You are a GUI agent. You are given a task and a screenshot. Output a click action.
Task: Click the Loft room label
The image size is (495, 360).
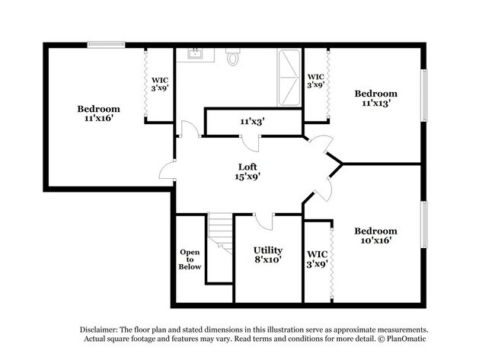point(247,172)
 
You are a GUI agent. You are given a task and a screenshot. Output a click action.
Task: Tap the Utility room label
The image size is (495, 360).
point(267,255)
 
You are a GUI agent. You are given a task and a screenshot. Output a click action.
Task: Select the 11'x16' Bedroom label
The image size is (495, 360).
point(98,113)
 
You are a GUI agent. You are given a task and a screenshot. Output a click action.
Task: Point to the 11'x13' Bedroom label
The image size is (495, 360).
point(375,98)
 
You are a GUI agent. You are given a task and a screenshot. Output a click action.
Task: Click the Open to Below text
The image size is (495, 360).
point(190,259)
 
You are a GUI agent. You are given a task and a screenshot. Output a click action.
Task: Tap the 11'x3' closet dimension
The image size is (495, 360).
point(252,121)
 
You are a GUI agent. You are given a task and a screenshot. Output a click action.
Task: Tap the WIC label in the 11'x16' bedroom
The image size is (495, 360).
point(160,83)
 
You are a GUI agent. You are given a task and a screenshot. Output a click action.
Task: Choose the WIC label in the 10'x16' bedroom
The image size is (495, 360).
point(317,259)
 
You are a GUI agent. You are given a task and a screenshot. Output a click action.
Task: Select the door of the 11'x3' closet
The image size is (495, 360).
point(251,144)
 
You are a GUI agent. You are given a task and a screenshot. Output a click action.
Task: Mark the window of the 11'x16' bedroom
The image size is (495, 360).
point(105,43)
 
